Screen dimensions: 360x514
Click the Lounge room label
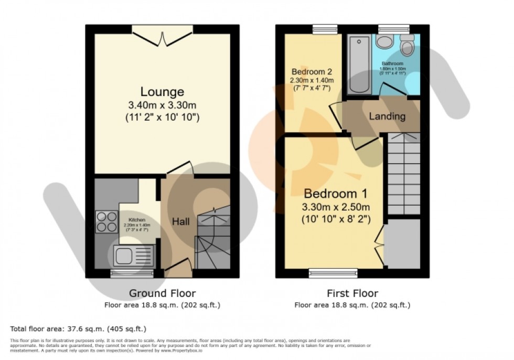(x=162, y=92)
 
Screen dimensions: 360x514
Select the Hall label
(x=181, y=222)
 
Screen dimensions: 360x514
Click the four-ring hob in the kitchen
(x=106, y=221)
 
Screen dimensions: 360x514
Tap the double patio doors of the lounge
(x=163, y=33)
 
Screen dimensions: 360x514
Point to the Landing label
(x=387, y=116)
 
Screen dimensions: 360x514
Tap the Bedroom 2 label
(x=312, y=71)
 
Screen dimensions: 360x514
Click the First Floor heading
(x=352, y=293)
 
